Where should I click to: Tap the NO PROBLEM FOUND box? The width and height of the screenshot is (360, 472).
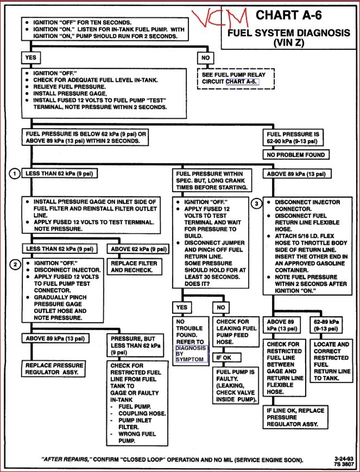[x=296, y=155]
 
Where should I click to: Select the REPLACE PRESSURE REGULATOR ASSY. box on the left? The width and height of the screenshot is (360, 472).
[x=54, y=369]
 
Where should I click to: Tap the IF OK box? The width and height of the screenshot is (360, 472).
[x=225, y=358]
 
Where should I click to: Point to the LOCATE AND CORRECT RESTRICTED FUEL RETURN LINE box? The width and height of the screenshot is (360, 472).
[x=331, y=361]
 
